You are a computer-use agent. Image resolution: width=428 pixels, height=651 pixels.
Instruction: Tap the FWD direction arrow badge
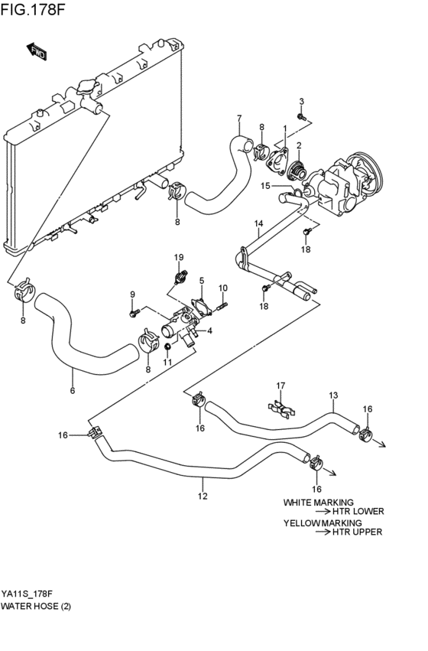[x=38, y=53]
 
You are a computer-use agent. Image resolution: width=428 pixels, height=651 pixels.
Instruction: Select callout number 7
[x=238, y=118]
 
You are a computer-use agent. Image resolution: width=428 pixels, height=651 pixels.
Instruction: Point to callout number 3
[x=301, y=102]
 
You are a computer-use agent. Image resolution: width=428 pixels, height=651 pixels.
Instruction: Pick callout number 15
[x=266, y=186]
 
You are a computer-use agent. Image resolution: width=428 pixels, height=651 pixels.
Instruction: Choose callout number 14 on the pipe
[x=258, y=224]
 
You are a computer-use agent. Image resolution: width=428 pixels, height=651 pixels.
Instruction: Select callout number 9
[x=131, y=295]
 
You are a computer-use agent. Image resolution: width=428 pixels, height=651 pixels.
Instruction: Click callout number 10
[x=223, y=288]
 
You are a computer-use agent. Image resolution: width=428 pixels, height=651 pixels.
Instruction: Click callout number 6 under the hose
[x=73, y=392]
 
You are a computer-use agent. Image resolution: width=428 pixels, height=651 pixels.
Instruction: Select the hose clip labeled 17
[x=280, y=405]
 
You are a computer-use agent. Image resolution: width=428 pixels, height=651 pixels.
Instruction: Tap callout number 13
[x=332, y=395]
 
